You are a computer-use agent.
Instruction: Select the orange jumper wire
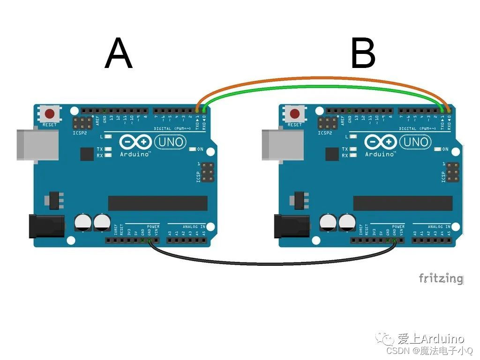point(323,78)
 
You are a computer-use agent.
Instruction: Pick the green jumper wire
point(323,87)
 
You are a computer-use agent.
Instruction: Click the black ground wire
point(272,263)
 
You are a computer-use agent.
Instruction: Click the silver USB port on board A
point(37,144)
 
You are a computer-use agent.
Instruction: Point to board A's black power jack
point(46,225)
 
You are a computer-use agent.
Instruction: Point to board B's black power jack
point(291,225)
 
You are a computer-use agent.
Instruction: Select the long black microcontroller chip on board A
point(157,203)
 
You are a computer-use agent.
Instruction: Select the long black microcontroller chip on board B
point(403,203)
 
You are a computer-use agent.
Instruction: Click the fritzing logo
point(440,278)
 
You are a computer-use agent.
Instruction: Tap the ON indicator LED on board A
point(193,150)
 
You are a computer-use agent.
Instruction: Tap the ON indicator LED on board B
point(438,150)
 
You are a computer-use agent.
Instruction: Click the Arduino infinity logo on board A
point(135,142)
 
